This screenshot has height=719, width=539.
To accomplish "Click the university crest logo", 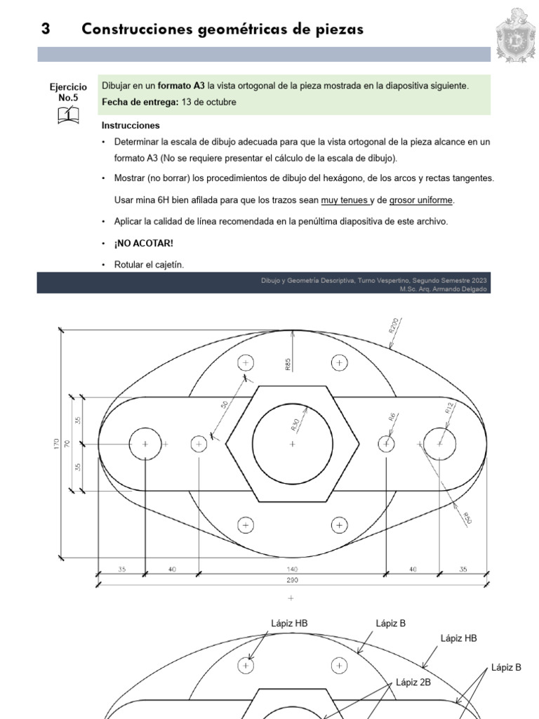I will click(516, 34).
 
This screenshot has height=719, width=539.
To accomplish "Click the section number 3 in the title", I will click(46, 29).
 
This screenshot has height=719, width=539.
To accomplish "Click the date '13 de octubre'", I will click(208, 102).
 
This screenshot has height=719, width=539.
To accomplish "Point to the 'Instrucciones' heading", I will click(131, 126).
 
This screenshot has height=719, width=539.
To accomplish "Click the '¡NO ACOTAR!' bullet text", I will click(144, 243).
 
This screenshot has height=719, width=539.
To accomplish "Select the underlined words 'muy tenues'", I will click(344, 200).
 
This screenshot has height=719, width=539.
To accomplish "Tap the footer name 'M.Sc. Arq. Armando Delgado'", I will click(443, 289).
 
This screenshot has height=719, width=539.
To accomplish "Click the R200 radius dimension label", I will click(392, 326).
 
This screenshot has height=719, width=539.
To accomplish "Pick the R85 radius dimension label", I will click(288, 364).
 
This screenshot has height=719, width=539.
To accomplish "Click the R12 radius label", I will click(450, 410).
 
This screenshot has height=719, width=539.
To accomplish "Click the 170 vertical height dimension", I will click(57, 444).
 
